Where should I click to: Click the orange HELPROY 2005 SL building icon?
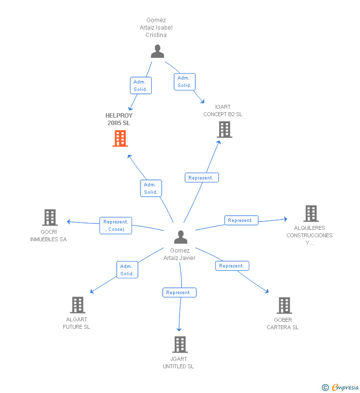(120, 138)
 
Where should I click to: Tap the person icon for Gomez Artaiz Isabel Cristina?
(157, 51)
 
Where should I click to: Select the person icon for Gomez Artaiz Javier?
(181, 237)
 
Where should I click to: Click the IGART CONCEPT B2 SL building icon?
(225, 130)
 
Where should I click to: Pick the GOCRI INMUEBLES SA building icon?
(50, 218)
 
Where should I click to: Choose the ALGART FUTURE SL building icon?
(78, 305)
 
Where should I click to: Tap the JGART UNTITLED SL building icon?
(180, 345)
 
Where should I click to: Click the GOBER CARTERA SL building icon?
(284, 306)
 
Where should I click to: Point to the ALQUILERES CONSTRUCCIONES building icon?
(311, 214)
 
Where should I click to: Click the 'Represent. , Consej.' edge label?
(116, 225)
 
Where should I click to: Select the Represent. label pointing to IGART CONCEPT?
(202, 177)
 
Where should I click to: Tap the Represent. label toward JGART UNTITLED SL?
(180, 293)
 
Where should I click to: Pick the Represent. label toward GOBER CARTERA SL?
(232, 265)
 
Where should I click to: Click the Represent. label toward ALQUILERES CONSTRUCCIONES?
(241, 220)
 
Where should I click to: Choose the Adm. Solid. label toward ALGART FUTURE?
(128, 270)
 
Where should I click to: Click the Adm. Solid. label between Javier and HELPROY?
(151, 188)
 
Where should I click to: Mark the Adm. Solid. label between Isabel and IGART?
(184, 82)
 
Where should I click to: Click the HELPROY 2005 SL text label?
(119, 119)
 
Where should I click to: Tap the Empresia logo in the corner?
(340, 387)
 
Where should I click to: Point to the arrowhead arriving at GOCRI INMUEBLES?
(68, 221)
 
